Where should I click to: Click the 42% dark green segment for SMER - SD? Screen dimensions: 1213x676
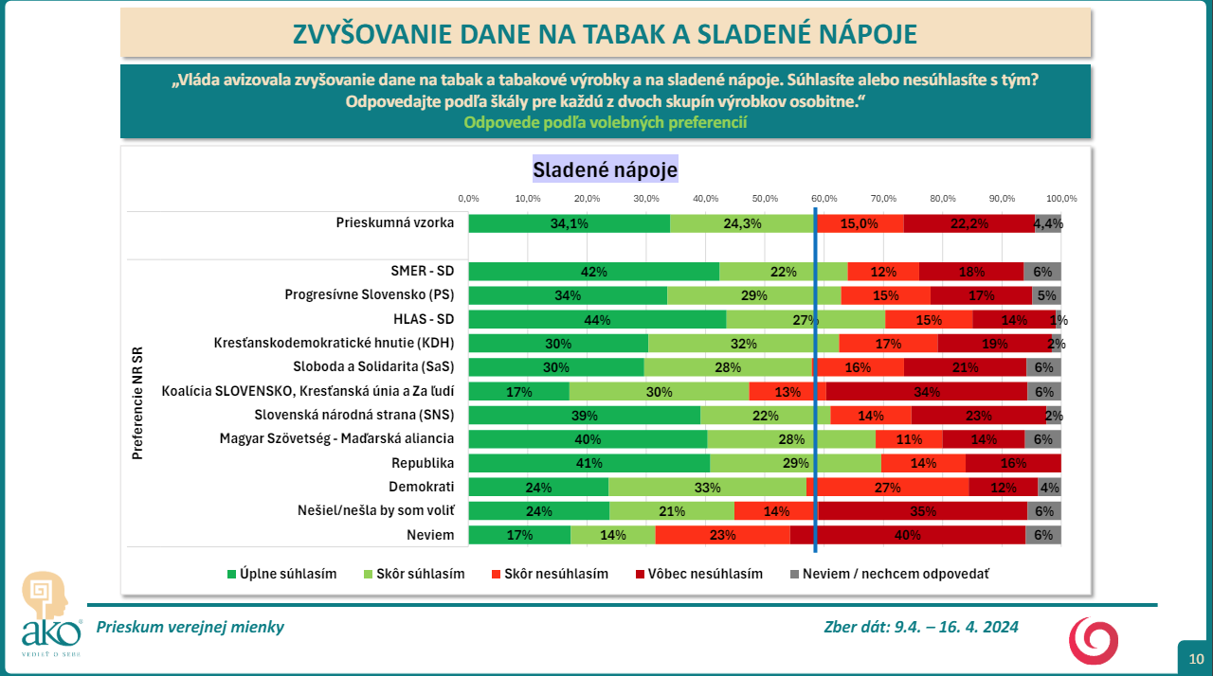point(594,272)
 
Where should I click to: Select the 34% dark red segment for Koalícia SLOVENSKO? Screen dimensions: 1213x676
point(927,392)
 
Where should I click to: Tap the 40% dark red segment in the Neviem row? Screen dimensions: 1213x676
point(908,535)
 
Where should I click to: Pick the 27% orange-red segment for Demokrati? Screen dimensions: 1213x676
point(888,488)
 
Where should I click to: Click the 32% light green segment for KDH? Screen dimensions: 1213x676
point(744,344)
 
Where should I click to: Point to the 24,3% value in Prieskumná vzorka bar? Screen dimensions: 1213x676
point(742,223)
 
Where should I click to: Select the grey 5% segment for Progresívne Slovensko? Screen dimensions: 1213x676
point(1046,295)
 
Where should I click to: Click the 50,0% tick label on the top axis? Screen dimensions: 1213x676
point(765,199)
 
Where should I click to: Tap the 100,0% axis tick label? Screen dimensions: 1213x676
point(1061,199)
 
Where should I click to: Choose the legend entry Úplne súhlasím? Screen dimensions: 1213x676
point(282,574)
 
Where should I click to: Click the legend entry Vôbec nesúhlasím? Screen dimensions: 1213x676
point(699,574)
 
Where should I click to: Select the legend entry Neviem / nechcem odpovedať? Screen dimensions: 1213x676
point(890,574)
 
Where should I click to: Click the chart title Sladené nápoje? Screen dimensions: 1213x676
point(605,169)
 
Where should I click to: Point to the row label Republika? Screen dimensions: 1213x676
point(423,463)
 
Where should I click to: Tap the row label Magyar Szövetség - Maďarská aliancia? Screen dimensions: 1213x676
point(336,438)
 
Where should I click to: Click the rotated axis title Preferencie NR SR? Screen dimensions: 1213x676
point(137,403)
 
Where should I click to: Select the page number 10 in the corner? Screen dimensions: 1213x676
point(1196,659)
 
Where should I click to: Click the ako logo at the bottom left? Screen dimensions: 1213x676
point(51,614)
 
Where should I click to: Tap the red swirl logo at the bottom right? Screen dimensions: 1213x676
point(1094,641)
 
